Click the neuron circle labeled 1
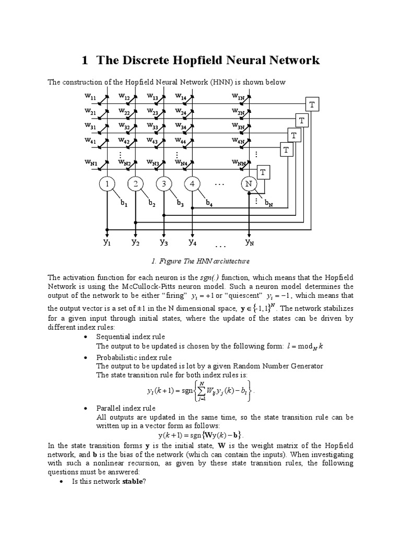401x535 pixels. pos(107,184)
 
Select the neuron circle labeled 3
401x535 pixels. pos(163,184)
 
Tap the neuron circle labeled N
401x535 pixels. pos(249,184)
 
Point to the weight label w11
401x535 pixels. pos(90,96)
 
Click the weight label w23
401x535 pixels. pos(153,111)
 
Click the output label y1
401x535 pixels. pos(107,242)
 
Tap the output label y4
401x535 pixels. pos(192,242)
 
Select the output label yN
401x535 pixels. pos(249,242)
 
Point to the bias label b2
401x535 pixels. pos(152,203)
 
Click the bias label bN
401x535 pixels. pos(268,203)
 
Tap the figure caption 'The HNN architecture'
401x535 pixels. pos(200,261)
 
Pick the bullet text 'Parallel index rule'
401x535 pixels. pos(126,408)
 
